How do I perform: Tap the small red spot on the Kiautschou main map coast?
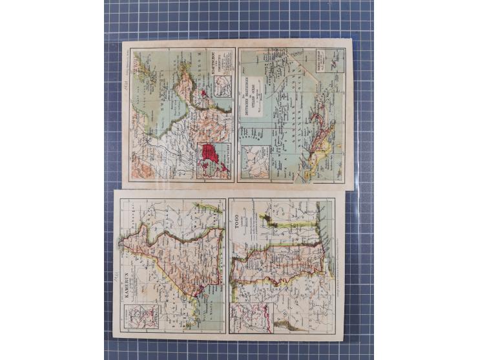205,94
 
